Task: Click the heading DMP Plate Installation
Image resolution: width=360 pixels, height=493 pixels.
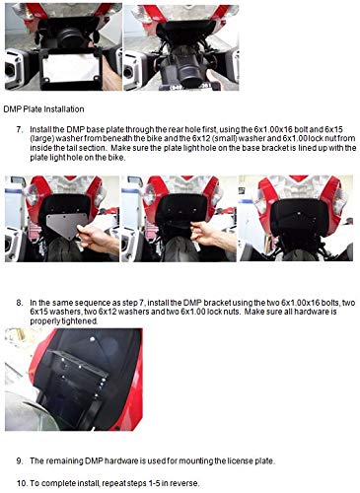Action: tap(43, 109)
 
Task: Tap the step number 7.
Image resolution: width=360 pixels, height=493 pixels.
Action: tap(20, 129)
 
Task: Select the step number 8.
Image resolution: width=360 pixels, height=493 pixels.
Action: tap(20, 303)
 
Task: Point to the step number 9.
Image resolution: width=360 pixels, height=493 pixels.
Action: tap(20, 460)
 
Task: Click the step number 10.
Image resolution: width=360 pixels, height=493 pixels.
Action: tap(21, 483)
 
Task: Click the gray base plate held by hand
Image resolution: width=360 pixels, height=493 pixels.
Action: tap(67, 226)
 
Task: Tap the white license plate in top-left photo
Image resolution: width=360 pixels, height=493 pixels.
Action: tap(71, 67)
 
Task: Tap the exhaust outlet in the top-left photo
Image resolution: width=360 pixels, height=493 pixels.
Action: tap(10, 70)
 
